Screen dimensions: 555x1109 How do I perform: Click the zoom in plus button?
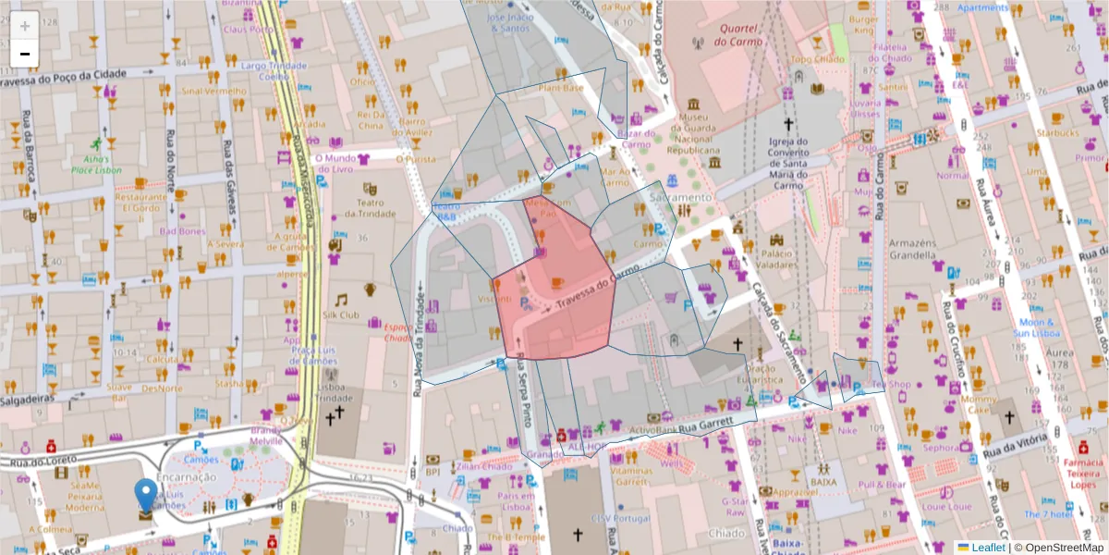pyautogui.click(x=25, y=25)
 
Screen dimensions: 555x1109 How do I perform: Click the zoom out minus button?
pyautogui.click(x=25, y=53)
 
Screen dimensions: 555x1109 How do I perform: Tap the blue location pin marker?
pyautogui.click(x=146, y=495)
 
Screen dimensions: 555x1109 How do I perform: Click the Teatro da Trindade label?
pyautogui.click(x=370, y=208)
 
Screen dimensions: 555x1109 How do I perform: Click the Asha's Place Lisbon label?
pyautogui.click(x=96, y=164)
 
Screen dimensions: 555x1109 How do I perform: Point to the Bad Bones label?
pyautogui.click(x=182, y=230)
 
